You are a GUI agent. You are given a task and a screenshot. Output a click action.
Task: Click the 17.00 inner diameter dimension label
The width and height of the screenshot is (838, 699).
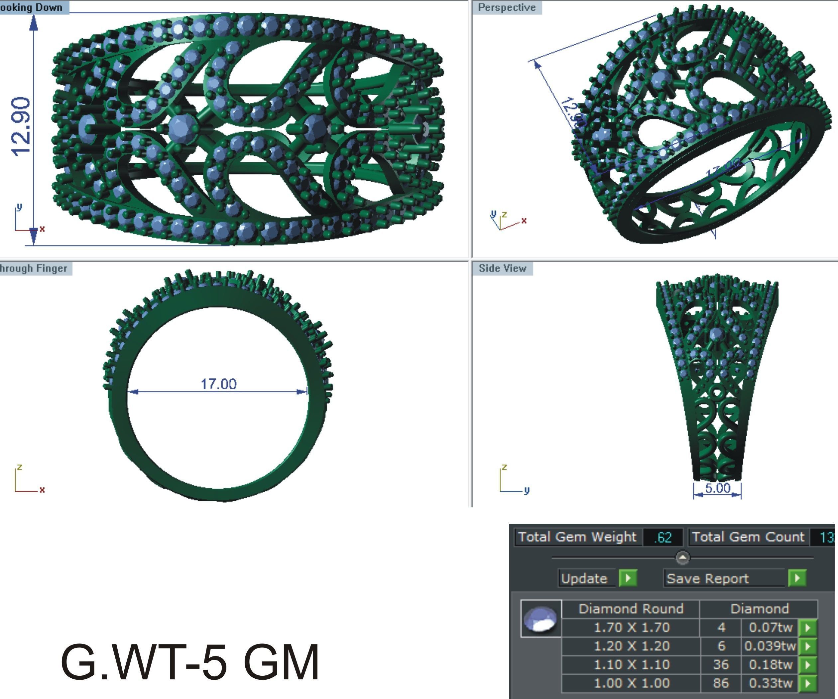(218, 384)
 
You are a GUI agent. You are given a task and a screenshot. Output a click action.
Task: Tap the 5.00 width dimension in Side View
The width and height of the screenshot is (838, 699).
(717, 488)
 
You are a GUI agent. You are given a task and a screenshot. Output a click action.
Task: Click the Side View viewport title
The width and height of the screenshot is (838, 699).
(502, 268)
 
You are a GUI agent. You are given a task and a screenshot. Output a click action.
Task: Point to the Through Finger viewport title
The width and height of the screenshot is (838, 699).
(34, 268)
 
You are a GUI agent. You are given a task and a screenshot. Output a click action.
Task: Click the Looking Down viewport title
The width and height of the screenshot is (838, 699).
(32, 8)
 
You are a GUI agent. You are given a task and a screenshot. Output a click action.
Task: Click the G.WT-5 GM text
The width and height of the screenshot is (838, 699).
(190, 661)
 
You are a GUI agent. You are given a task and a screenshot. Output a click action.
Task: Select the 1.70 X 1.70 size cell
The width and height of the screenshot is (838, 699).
(631, 627)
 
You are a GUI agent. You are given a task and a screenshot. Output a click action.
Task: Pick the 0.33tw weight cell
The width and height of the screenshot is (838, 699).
(770, 683)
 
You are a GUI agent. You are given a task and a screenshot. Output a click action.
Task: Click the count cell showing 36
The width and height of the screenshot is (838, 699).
(721, 665)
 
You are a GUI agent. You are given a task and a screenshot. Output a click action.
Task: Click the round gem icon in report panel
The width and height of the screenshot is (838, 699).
(541, 619)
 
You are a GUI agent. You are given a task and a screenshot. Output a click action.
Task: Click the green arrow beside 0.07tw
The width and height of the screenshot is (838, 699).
(808, 627)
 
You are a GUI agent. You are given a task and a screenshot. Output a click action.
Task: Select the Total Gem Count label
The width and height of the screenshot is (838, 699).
(748, 537)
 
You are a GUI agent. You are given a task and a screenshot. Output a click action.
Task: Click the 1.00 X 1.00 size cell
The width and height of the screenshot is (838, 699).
(631, 683)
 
